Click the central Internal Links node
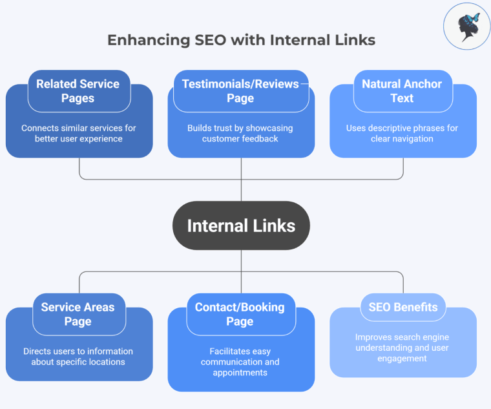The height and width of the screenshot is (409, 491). click(241, 225)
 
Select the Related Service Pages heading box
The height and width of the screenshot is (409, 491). click(78, 91)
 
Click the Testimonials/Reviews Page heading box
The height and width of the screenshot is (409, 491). click(240, 91)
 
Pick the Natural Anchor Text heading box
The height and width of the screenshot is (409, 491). click(402, 91)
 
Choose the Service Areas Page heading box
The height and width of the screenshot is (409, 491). click(78, 315)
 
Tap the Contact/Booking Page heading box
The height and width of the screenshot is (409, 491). click(240, 315)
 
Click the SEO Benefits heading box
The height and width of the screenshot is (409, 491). click(403, 308)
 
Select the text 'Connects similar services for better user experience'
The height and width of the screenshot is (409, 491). click(79, 133)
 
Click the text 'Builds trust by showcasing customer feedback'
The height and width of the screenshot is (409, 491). click(240, 133)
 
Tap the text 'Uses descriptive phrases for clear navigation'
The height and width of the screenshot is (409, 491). click(402, 133)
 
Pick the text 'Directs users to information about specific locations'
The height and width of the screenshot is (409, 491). click(78, 356)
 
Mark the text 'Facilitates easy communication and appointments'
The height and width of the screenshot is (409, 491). click(240, 362)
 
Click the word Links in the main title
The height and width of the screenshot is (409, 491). click(352, 39)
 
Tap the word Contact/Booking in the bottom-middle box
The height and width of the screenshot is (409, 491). click(240, 308)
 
